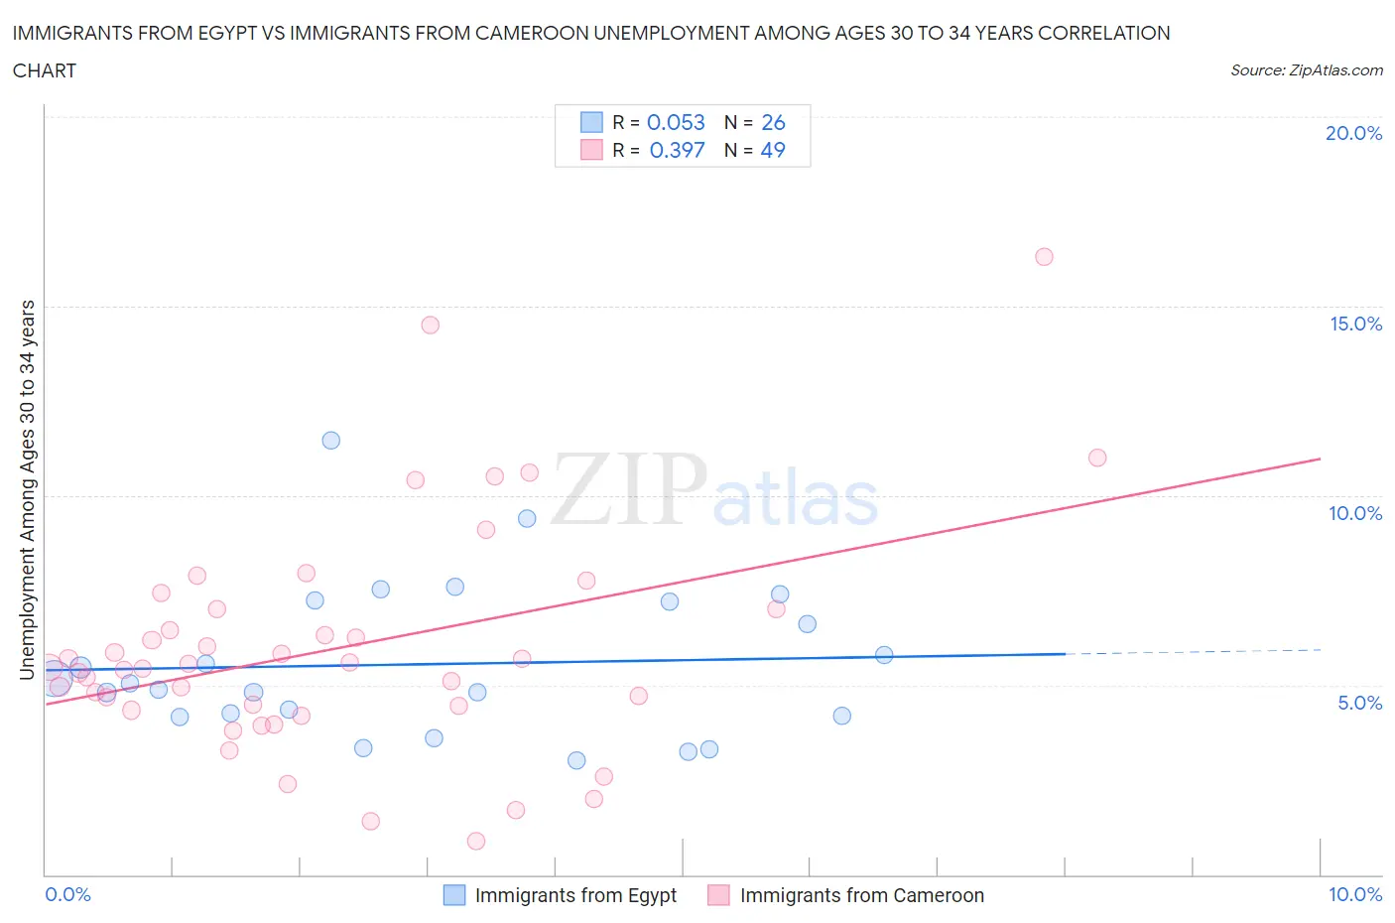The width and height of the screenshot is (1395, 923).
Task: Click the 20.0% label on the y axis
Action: pyautogui.click(x=1353, y=133)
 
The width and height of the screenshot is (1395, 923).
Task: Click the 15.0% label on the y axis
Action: pyautogui.click(x=1355, y=324)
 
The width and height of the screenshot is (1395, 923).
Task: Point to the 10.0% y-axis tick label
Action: pyautogui.click(x=1355, y=513)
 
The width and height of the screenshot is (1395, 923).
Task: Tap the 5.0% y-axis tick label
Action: pyautogui.click(x=1359, y=703)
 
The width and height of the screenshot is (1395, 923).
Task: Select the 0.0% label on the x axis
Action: pyautogui.click(x=67, y=894)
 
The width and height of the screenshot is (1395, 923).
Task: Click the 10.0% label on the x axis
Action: pyautogui.click(x=1355, y=894)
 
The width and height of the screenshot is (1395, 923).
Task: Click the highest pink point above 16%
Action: pyautogui.click(x=1044, y=257)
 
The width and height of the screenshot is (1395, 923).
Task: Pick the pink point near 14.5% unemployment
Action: pyautogui.click(x=430, y=325)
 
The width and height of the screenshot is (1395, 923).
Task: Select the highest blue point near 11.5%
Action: pyautogui.click(x=331, y=441)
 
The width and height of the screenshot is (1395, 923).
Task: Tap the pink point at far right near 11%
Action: pyautogui.click(x=1097, y=458)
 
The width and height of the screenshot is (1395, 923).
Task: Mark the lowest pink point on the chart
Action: pyautogui.click(x=476, y=841)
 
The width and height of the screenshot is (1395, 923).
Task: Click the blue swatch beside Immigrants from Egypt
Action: pyautogui.click(x=453, y=895)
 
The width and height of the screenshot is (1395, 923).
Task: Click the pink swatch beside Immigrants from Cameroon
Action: pyautogui.click(x=718, y=895)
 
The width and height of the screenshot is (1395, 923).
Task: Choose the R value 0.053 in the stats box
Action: pyautogui.click(x=676, y=122)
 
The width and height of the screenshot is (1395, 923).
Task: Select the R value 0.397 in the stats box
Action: pyautogui.click(x=677, y=150)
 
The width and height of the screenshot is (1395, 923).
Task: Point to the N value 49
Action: pyautogui.click(x=773, y=150)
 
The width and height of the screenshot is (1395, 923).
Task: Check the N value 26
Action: pyautogui.click(x=773, y=122)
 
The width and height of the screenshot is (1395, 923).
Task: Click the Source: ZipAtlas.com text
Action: pyautogui.click(x=1306, y=70)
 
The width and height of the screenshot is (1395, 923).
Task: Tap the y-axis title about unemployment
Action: pyautogui.click(x=27, y=489)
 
